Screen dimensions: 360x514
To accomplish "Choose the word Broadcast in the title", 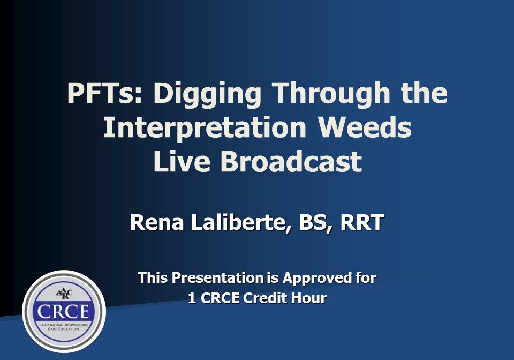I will (291, 161).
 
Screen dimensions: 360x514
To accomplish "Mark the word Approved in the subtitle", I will (313, 278).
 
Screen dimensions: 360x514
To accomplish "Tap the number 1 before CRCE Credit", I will (192, 298).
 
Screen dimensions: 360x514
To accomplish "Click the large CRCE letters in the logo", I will (64, 311).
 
